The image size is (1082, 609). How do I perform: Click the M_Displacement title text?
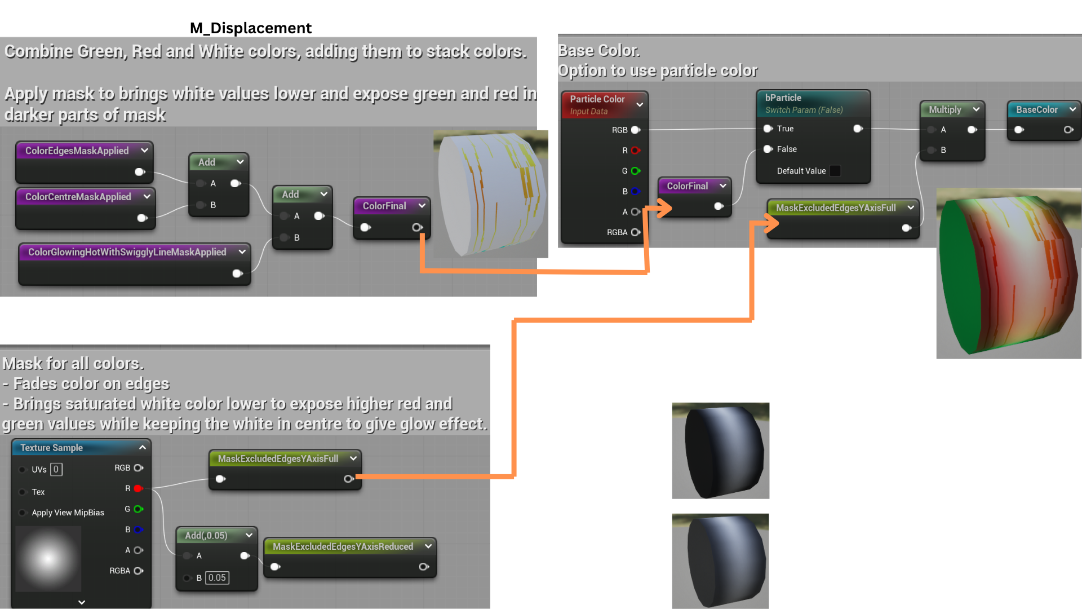click(250, 28)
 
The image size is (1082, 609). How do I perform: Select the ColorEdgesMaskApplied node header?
click(77, 151)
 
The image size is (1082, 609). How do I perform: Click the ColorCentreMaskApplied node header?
click(78, 197)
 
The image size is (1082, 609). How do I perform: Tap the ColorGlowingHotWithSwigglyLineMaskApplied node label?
click(127, 252)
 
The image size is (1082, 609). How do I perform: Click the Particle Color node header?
click(597, 99)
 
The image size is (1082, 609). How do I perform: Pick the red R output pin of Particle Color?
click(636, 151)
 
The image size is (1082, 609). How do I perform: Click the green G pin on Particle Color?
click(636, 171)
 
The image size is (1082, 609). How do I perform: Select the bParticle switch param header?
click(783, 98)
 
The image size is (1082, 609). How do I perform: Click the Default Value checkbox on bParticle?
click(835, 171)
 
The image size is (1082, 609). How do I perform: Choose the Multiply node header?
click(945, 109)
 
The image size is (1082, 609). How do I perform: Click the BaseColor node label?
click(1037, 109)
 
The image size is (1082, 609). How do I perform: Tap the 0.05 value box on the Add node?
click(217, 578)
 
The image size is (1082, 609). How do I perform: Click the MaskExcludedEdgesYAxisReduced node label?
click(343, 546)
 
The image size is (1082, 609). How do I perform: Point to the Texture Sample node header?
click(52, 448)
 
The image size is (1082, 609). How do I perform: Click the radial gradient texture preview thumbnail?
click(48, 559)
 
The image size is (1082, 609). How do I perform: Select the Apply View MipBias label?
click(68, 513)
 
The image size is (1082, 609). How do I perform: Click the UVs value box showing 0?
click(56, 469)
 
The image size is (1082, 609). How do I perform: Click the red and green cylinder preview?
click(1009, 273)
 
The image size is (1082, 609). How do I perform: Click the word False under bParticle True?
click(787, 149)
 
